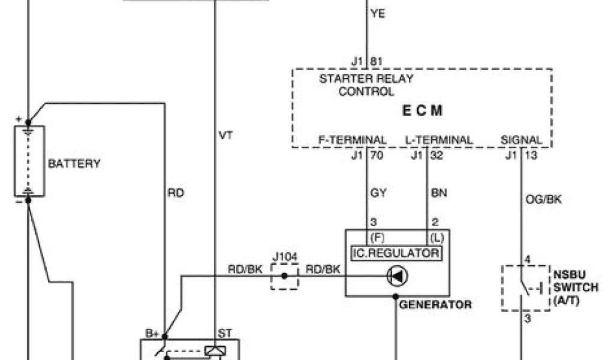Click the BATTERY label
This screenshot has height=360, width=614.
[x=74, y=163]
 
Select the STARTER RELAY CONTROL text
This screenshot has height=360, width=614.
[x=366, y=85]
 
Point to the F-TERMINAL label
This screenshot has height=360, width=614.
[x=352, y=140]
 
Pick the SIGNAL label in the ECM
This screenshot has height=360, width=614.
[x=521, y=140]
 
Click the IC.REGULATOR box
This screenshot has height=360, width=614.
[x=396, y=253]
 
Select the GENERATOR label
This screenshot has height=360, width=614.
[x=435, y=304]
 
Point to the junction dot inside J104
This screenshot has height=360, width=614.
[x=284, y=276]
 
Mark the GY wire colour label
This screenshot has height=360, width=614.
[x=379, y=193]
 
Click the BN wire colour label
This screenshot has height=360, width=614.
[x=439, y=193]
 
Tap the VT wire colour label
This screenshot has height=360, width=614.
[x=225, y=136]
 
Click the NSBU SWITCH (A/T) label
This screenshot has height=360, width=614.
[x=576, y=287]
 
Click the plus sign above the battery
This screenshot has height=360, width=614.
[x=18, y=119]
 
